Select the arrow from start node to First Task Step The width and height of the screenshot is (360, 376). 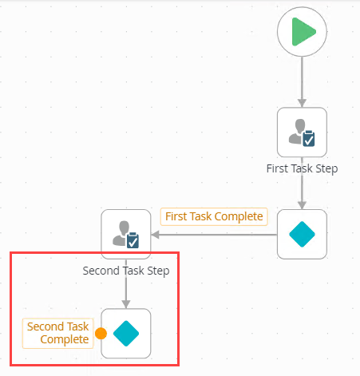tap(302, 82)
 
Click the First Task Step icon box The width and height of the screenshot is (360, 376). tap(302, 133)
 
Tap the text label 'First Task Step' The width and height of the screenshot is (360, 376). tap(302, 168)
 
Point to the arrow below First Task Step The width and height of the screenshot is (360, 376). tap(302, 192)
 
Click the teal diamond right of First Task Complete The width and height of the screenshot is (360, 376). tap(302, 235)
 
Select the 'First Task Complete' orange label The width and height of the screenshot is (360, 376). tap(214, 216)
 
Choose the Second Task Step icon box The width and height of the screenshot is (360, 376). tap(126, 235)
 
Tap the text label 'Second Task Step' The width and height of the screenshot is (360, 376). tap(126, 271)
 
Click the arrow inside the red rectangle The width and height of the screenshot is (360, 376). tap(126, 292)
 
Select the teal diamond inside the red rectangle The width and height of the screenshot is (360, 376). tap(126, 333)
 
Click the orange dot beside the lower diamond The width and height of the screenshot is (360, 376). tap(101, 334)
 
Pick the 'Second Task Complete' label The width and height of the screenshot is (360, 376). tap(57, 333)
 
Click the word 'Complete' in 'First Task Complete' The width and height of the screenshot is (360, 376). tap(237, 216)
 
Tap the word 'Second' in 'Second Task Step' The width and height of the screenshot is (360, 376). tap(101, 271)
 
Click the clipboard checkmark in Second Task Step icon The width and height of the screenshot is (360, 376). tap(133, 240)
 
